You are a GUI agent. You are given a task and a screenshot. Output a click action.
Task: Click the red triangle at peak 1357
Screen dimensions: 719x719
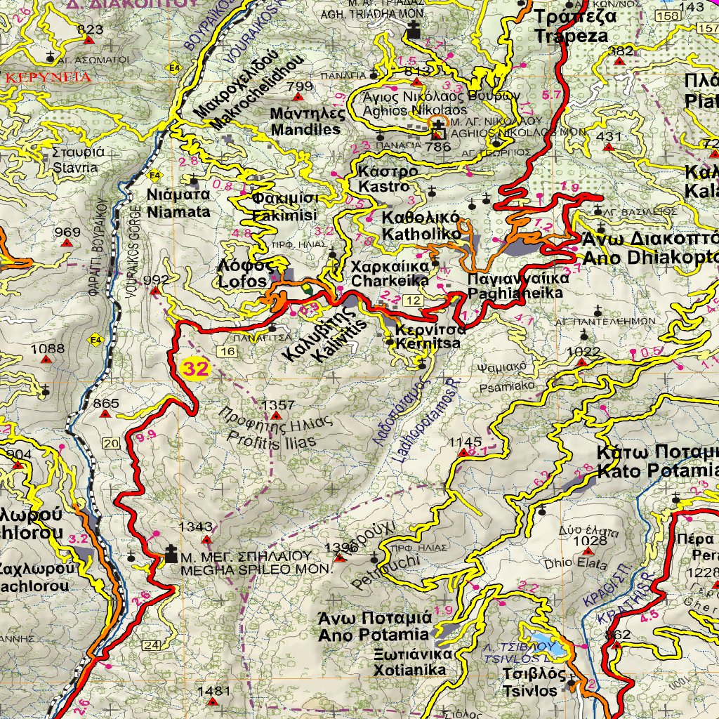point(276,416)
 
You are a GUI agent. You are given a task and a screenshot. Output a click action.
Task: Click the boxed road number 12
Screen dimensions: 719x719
point(416,301)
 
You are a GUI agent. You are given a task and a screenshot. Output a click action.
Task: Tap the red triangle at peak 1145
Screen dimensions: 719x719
point(463,453)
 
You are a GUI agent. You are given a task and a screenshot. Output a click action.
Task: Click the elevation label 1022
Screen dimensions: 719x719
point(583,352)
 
